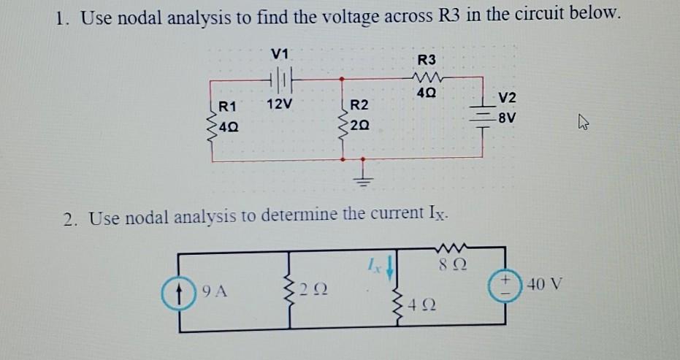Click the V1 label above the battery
point(280,53)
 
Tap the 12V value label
point(279,104)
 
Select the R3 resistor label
point(426,60)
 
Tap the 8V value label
point(506,115)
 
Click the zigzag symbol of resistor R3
point(426,77)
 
